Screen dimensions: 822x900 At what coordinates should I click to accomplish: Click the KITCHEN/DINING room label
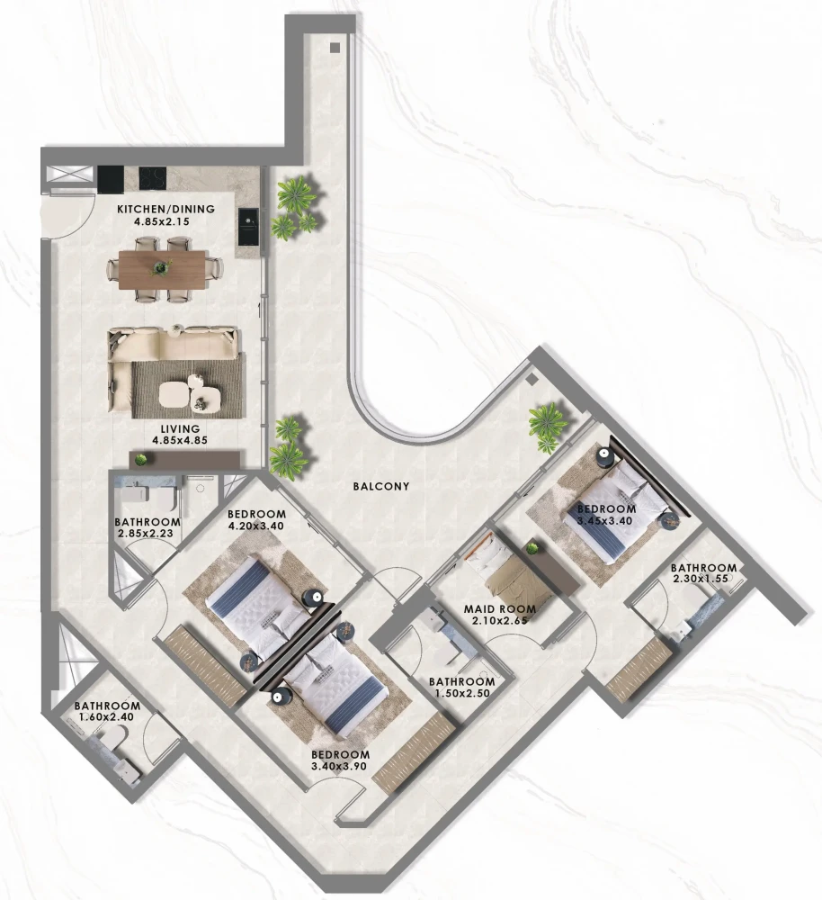pyautogui.click(x=165, y=209)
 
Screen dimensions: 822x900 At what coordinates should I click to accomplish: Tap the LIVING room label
pyautogui.click(x=180, y=428)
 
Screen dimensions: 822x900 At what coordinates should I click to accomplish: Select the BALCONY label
pyautogui.click(x=381, y=486)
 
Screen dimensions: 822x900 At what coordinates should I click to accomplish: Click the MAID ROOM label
pyautogui.click(x=500, y=609)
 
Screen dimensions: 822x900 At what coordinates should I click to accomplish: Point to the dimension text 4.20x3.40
pyautogui.click(x=255, y=526)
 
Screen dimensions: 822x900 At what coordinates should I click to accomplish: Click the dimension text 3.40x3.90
pyautogui.click(x=338, y=766)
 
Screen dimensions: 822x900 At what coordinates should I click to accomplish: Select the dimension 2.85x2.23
pyautogui.click(x=145, y=534)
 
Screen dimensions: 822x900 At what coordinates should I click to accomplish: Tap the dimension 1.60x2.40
pyautogui.click(x=106, y=717)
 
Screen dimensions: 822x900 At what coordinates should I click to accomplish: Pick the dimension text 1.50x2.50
pyautogui.click(x=461, y=693)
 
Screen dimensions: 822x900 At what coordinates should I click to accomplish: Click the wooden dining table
pyautogui.click(x=163, y=269)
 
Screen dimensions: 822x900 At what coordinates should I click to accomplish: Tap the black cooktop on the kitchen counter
pyautogui.click(x=153, y=177)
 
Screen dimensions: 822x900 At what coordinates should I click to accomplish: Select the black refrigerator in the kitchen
pyautogui.click(x=110, y=180)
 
